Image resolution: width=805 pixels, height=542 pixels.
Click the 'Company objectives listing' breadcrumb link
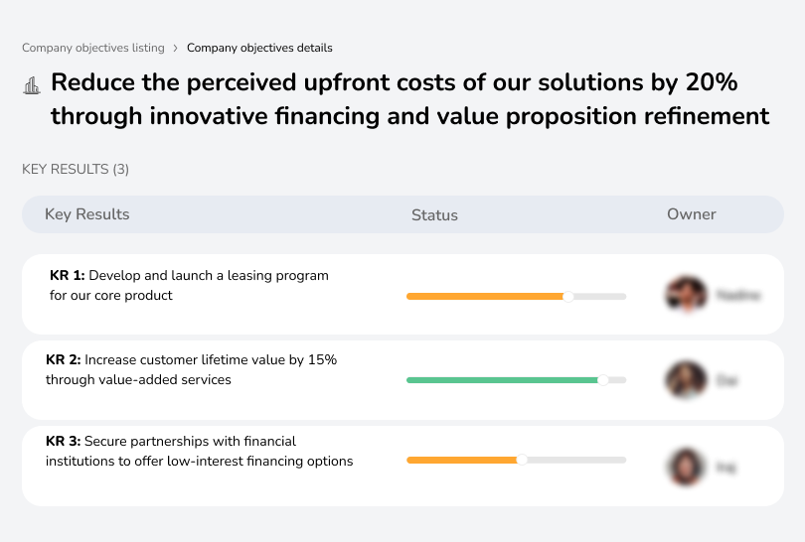93,48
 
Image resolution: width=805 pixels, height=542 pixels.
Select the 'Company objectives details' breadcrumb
259,48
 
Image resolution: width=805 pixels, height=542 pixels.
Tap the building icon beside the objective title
30,86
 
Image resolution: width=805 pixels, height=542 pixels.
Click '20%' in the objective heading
713,81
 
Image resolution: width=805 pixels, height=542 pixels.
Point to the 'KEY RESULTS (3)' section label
76,170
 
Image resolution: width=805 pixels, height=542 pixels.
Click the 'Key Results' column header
86,214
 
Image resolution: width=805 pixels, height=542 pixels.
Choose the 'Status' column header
434,215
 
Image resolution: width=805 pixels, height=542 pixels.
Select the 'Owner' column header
691,214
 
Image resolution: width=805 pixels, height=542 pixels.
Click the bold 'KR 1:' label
68,275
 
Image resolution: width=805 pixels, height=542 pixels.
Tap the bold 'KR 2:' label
64,360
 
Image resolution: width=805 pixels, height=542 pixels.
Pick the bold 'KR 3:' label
64,441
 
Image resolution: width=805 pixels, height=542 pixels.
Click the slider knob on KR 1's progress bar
568,296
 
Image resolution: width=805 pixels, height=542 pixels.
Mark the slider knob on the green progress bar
602,379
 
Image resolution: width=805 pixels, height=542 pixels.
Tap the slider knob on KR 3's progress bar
521,460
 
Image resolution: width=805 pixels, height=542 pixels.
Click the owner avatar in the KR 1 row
686,295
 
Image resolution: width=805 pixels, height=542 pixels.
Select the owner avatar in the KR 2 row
686,379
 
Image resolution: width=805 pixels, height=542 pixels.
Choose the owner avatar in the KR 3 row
686,466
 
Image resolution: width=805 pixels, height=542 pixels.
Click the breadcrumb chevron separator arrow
176,48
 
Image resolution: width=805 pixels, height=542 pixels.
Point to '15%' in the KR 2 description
323,360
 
